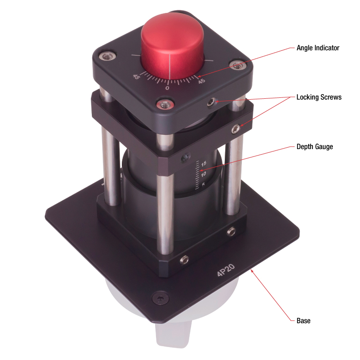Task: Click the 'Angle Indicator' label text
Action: (x=318, y=48)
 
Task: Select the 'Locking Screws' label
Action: (x=319, y=97)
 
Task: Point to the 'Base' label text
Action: (x=303, y=320)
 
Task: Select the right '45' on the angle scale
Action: (x=201, y=81)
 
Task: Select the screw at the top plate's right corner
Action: (x=237, y=66)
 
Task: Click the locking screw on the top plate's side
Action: (x=211, y=102)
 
